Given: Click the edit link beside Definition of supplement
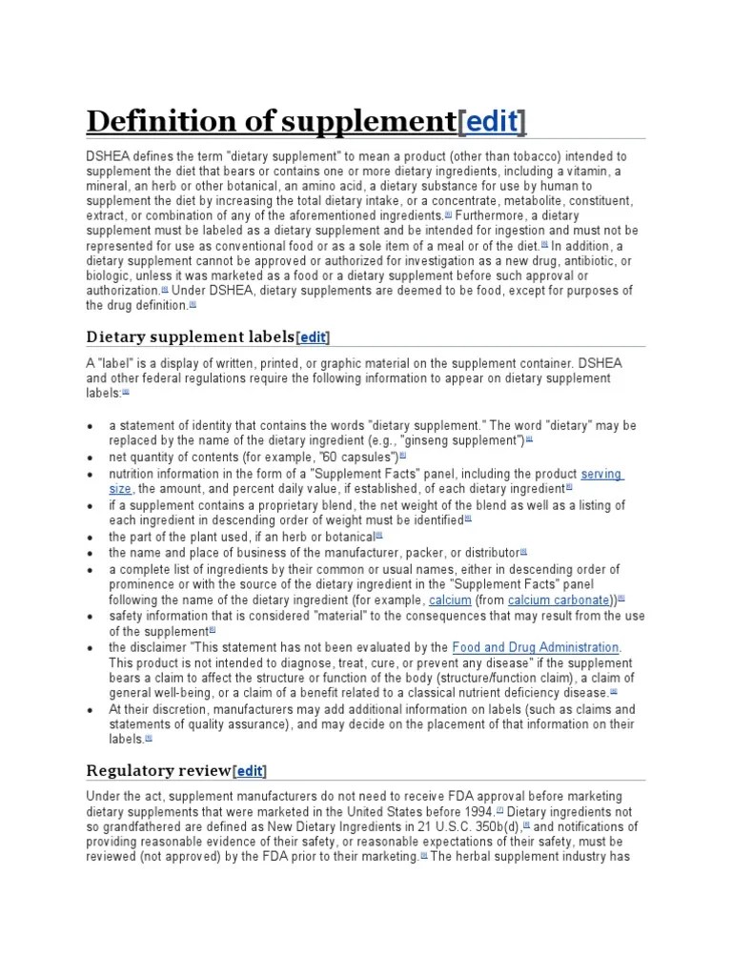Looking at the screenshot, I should [492, 122].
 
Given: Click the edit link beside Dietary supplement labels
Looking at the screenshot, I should [314, 336].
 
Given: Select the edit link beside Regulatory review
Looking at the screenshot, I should [250, 770].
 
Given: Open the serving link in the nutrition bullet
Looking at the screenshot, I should [601, 474].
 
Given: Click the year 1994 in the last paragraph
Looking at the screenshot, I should [477, 811].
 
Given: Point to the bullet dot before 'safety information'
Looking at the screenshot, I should [90, 617].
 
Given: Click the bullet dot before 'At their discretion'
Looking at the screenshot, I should [90, 710].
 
